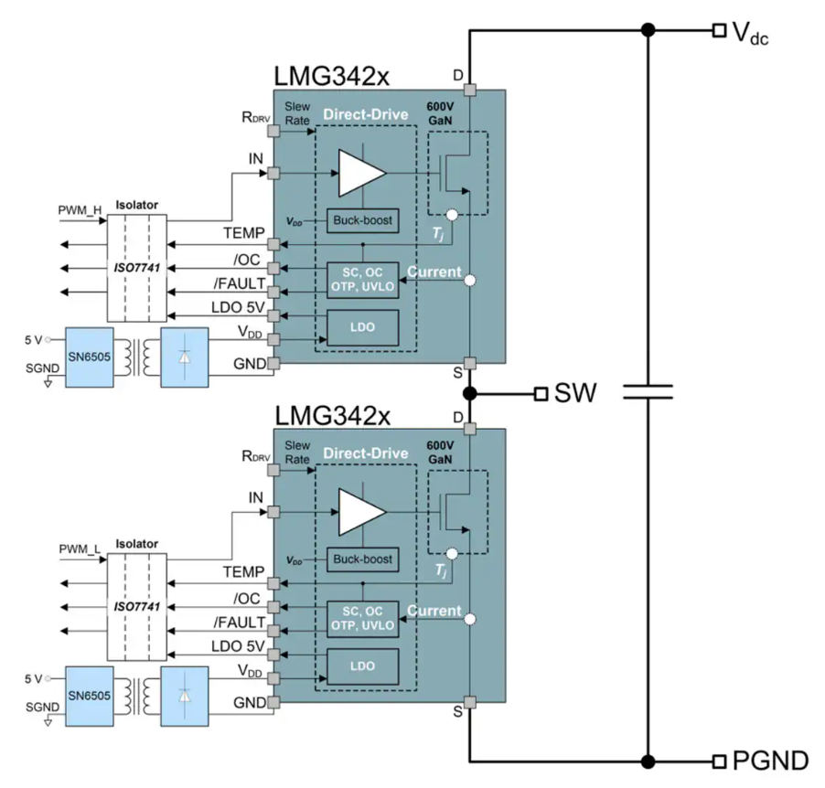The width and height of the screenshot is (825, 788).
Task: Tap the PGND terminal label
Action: point(771,761)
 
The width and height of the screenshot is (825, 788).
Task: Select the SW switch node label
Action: point(575,394)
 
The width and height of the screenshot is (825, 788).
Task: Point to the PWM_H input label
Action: point(80,209)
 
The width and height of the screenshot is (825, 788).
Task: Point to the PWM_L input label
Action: point(80,548)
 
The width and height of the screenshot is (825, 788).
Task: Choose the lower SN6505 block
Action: point(87,696)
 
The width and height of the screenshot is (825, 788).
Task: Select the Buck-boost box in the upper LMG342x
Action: point(362,220)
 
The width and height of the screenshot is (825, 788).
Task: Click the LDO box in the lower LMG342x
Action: point(362,666)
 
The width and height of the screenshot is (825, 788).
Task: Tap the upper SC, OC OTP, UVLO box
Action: point(362,280)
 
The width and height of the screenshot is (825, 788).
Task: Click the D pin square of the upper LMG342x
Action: point(469,90)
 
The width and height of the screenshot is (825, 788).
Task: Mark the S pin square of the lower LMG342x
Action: point(469,702)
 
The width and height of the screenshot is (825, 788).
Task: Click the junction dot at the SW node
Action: point(469,394)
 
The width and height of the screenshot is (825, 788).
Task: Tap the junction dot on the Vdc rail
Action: point(648,31)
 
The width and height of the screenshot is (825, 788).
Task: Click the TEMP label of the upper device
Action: point(244,233)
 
